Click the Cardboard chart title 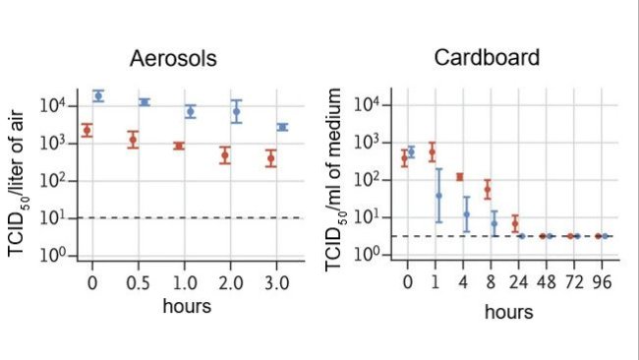(487, 57)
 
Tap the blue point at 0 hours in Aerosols (98, 95)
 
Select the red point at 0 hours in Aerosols (87, 130)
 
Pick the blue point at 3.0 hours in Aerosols (283, 127)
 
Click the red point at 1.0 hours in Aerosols (179, 146)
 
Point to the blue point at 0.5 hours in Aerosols (145, 102)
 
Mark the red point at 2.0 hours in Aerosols (225, 154)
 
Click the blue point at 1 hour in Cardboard (438, 195)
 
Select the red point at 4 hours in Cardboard (459, 177)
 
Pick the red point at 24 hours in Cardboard (514, 223)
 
